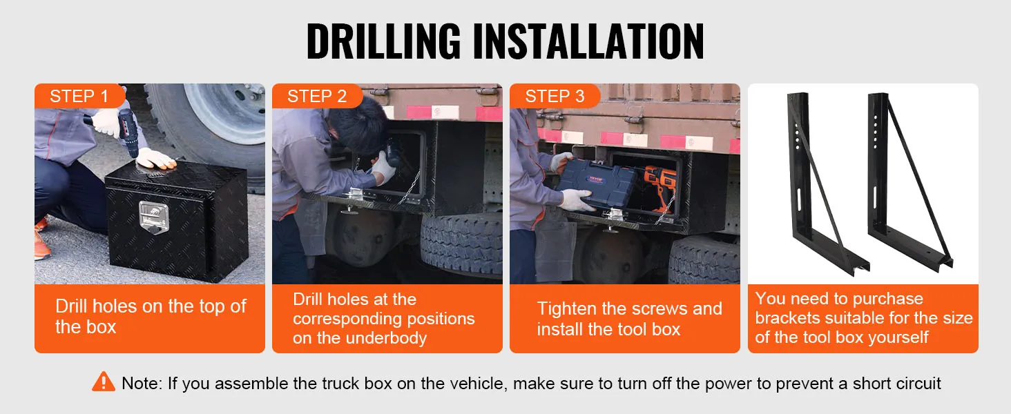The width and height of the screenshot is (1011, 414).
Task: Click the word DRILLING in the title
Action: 384,41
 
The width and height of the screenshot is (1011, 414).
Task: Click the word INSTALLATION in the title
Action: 588,41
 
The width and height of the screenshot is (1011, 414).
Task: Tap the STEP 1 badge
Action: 79,96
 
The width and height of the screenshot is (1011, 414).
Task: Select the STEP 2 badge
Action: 317,96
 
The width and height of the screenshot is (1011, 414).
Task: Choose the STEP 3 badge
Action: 555,96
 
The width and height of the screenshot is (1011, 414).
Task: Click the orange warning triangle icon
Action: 104,382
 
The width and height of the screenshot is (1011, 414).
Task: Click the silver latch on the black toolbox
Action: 153,217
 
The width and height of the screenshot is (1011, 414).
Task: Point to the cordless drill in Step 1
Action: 127,131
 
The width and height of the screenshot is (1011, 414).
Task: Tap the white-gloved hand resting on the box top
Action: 155,159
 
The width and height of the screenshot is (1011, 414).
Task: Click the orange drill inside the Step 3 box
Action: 660,187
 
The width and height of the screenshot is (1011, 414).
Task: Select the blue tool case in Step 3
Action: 596,183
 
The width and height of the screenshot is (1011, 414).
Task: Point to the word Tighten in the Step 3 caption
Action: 566,309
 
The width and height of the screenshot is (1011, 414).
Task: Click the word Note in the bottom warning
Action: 142,384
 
